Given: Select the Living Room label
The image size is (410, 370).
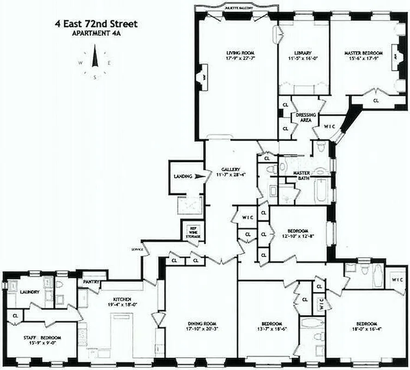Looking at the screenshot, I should [237, 52].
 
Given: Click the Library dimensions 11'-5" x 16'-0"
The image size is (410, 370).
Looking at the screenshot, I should [303, 59].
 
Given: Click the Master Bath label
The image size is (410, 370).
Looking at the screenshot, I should [301, 176].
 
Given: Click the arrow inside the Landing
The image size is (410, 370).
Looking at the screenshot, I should [199, 176].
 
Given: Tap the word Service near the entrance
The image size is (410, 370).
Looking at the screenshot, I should [137, 250].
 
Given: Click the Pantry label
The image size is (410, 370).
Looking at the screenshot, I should [89, 281].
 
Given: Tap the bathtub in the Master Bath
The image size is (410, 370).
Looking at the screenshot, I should [319, 191].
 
